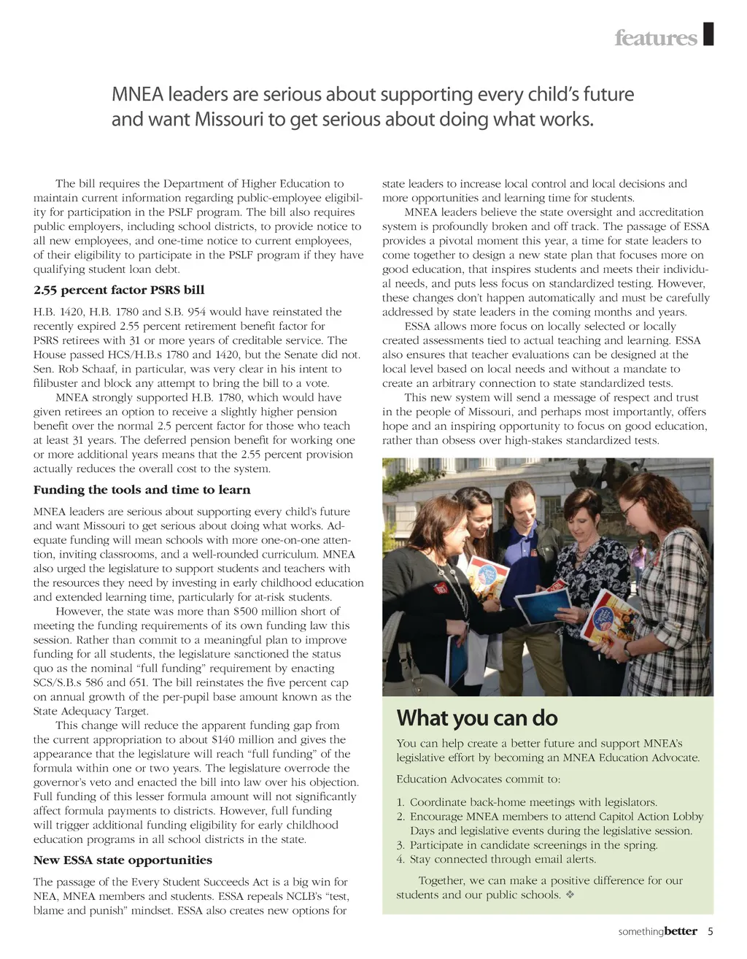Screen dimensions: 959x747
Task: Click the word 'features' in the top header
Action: (656, 37)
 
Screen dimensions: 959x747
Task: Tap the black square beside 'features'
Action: (708, 34)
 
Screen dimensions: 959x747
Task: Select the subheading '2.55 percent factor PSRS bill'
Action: (119, 290)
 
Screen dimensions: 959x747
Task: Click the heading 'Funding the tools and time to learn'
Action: (142, 490)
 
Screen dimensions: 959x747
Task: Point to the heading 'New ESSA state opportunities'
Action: (123, 860)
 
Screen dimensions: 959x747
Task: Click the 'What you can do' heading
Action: (477, 718)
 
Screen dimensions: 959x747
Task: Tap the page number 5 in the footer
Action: (710, 931)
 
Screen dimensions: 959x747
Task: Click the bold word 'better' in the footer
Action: (681, 931)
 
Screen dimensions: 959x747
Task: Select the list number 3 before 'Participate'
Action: (400, 845)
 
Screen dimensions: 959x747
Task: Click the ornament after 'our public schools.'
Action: (570, 895)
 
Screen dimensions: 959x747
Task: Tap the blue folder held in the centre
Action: (541, 605)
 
